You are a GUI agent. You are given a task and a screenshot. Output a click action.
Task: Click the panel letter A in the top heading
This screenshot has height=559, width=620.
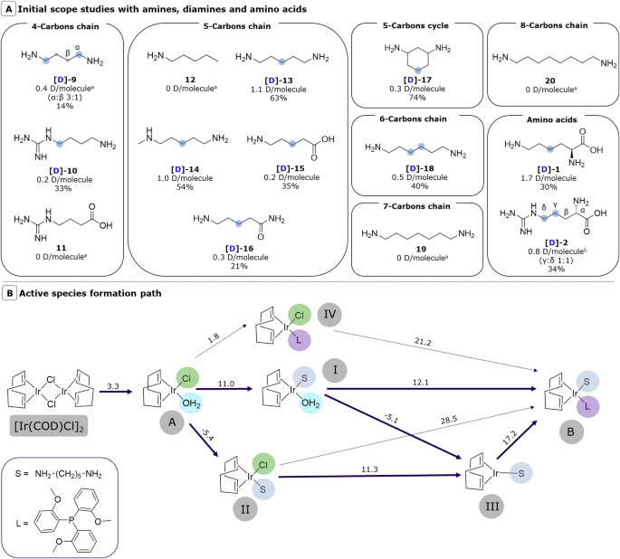tap(8, 8)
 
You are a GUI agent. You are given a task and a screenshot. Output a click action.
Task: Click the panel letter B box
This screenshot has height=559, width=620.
tap(8, 294)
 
